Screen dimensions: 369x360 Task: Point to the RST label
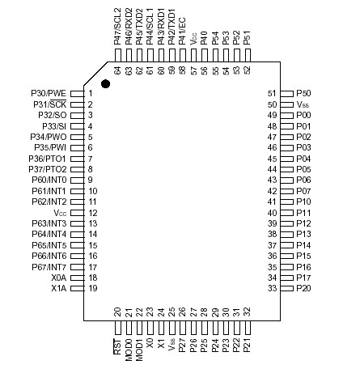[118, 347]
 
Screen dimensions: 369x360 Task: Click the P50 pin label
[303, 94]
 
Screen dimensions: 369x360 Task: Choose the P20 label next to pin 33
[303, 288]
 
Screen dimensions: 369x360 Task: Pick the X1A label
[58, 288]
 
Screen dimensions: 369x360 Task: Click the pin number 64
[118, 70]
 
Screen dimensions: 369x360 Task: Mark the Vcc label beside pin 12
[59, 213]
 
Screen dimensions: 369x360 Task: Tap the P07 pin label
[303, 191]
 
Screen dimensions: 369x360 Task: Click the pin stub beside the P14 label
[285, 244]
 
